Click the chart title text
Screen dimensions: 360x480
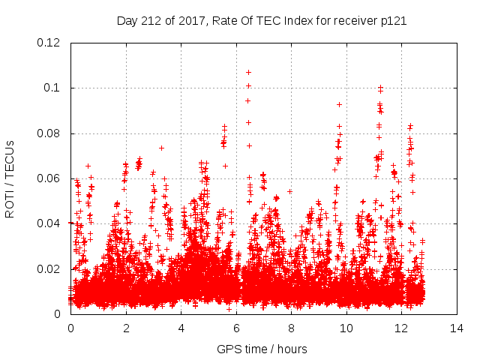click(262, 21)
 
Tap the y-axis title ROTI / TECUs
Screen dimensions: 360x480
click(10, 178)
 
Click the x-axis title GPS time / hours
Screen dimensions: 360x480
click(262, 349)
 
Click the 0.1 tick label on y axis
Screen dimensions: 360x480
click(55, 88)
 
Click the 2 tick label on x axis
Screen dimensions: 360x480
click(126, 328)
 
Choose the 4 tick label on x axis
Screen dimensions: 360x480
click(181, 328)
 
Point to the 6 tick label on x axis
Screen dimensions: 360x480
click(236, 328)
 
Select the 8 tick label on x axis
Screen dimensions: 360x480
click(292, 328)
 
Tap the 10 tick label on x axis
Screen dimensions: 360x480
click(346, 328)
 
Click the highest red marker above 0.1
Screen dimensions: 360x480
click(248, 73)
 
